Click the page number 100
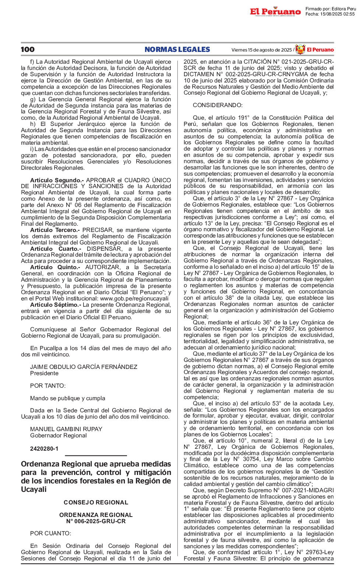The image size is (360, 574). (28, 49)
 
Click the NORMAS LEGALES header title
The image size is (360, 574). (177, 49)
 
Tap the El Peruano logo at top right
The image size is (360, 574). (275, 12)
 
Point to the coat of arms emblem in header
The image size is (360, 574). (300, 49)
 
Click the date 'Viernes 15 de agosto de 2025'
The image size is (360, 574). (261, 50)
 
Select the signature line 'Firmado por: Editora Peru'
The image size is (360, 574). (331, 9)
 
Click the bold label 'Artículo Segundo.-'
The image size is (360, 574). (57, 180)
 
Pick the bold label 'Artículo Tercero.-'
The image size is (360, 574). (54, 230)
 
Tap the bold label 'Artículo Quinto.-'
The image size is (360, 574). (55, 267)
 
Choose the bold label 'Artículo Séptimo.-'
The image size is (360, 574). (56, 305)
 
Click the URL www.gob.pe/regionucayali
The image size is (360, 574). (134, 299)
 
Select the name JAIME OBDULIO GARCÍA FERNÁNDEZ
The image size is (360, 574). (84, 367)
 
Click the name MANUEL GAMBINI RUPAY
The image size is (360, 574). (66, 429)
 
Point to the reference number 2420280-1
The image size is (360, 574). (44, 449)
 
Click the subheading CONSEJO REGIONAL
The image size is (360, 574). (96, 503)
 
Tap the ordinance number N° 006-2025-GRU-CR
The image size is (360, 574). (96, 521)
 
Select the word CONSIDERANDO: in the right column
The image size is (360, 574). (218, 105)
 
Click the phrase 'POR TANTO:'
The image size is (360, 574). (48, 386)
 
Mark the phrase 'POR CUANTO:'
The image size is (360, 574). (51, 533)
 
